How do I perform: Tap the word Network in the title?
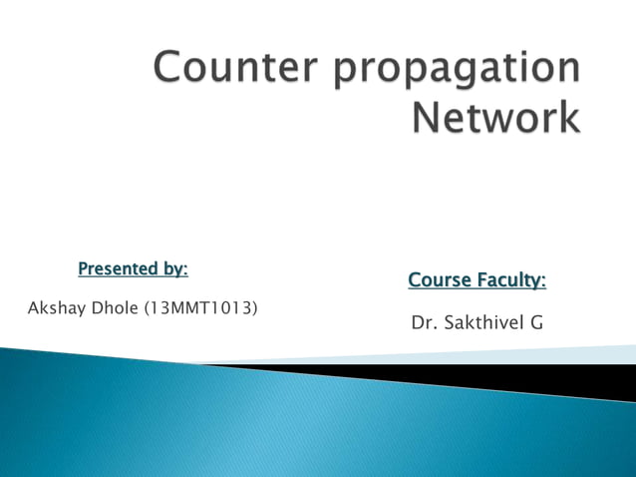point(496,118)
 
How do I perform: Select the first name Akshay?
point(56,307)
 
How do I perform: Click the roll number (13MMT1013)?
point(200,307)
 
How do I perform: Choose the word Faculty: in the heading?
point(510,281)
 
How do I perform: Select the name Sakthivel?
point(482,323)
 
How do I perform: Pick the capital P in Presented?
point(83,268)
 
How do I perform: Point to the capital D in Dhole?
point(98,307)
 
